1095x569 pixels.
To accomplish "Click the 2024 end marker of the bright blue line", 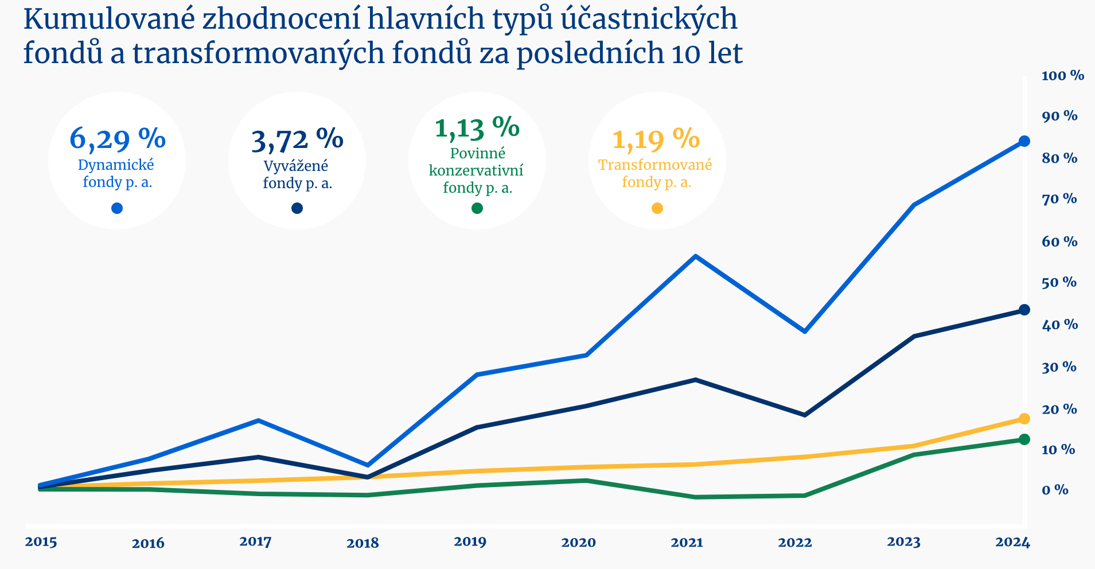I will click(1024, 141).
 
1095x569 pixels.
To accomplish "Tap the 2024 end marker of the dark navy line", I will click(1024, 310).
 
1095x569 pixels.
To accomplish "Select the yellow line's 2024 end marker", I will click(1024, 419).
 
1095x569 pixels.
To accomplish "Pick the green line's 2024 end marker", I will click(1024, 439).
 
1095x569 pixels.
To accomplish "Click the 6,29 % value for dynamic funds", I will click(118, 138).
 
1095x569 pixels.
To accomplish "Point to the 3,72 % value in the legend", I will click(297, 139).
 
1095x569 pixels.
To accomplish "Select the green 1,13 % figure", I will click(477, 127).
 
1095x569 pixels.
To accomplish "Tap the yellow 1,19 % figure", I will click(656, 139).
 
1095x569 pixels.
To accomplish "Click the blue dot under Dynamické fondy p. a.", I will click(117, 208).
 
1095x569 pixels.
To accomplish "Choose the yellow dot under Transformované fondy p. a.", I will click(657, 208).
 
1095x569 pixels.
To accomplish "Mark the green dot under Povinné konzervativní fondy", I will click(477, 208).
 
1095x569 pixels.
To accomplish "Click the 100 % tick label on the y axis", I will click(1062, 76).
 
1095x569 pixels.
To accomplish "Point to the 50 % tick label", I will click(1059, 283).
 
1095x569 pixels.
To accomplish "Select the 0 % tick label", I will click(1055, 490).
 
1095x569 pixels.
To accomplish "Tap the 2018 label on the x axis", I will click(363, 543).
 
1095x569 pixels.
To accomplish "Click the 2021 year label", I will click(687, 543).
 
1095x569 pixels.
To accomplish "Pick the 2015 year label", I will click(41, 542).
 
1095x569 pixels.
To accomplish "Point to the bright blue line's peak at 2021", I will click(695, 256).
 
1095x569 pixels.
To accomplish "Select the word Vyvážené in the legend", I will click(296, 166).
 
